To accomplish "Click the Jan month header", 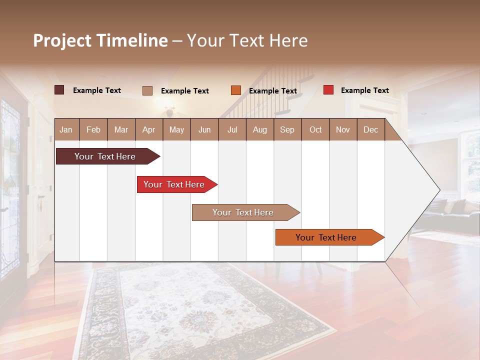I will pos(66,129).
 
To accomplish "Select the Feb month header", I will pos(93,129).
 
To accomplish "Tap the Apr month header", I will pos(148,129).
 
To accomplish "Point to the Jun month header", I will pos(204,129).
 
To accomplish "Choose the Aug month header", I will pos(259,129).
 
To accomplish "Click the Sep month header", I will pos(287,129).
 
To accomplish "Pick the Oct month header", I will pos(315,129).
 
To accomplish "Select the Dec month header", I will pos(370,129).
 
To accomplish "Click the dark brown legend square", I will pos(59,90).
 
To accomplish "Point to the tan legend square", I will pos(147,90).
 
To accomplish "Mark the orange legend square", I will pos(236,90).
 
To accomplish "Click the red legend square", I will pos(328,90).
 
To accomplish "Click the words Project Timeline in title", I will pos(100,40).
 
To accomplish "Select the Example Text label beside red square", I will pos(364,90).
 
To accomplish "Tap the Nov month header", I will pos(343,129).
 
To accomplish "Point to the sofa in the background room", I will pos(455,212).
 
